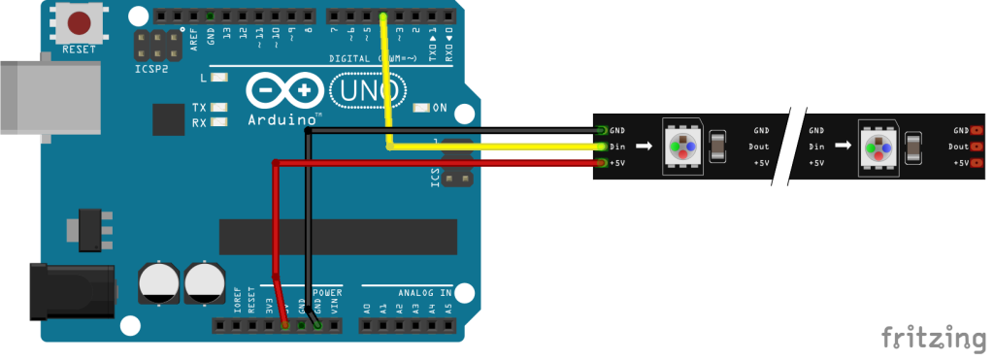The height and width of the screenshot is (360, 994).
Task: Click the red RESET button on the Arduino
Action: (80, 23)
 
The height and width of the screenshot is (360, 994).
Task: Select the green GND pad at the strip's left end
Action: (603, 130)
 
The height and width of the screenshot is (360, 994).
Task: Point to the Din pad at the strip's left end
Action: (603, 147)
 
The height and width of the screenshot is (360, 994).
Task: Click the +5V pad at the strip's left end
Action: (603, 163)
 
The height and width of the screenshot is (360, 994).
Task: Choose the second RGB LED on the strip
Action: (879, 147)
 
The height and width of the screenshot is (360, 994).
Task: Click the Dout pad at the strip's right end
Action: (976, 147)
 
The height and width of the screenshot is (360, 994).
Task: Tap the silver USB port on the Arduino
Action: (49, 97)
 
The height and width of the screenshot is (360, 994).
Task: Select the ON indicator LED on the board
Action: (422, 108)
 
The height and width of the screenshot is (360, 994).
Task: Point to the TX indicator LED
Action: (220, 108)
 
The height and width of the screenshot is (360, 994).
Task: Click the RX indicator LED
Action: (220, 122)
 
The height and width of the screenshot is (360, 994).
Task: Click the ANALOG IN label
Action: (424, 292)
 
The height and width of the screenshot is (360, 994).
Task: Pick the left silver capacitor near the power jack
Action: (158, 281)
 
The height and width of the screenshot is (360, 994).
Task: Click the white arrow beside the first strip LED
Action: (644, 147)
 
